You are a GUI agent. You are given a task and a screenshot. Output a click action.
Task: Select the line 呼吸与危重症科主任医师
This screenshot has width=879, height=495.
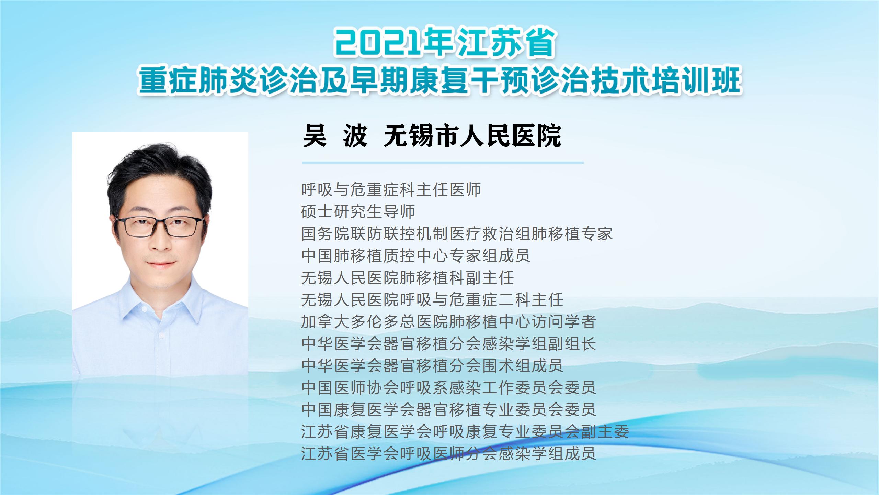click(x=391, y=189)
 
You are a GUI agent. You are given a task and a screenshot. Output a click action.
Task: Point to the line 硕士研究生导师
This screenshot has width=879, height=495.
click(x=358, y=211)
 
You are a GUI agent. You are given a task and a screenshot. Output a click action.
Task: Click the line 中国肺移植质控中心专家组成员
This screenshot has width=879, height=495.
click(x=416, y=255)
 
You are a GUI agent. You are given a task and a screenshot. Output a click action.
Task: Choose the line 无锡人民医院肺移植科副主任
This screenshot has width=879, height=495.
click(x=408, y=277)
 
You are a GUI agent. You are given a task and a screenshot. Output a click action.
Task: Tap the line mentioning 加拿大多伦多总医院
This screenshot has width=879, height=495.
click(x=448, y=321)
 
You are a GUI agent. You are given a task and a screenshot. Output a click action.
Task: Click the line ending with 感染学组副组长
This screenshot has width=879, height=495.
click(x=448, y=343)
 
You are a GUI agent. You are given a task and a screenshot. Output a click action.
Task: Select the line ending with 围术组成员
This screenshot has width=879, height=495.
click(x=432, y=365)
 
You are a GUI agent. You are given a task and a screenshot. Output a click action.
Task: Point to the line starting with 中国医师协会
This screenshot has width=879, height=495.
click(x=448, y=387)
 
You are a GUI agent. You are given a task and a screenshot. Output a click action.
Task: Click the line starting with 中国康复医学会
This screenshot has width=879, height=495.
click(x=448, y=409)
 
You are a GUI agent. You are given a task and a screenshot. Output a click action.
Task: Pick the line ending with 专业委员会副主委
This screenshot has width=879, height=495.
click(x=465, y=431)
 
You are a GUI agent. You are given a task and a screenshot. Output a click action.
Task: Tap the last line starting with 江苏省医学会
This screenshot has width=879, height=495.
click(x=448, y=453)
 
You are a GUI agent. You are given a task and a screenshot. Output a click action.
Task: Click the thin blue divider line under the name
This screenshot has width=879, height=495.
click(x=443, y=163)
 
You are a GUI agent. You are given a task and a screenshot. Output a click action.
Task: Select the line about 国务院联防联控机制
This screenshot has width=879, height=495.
click(x=457, y=233)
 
